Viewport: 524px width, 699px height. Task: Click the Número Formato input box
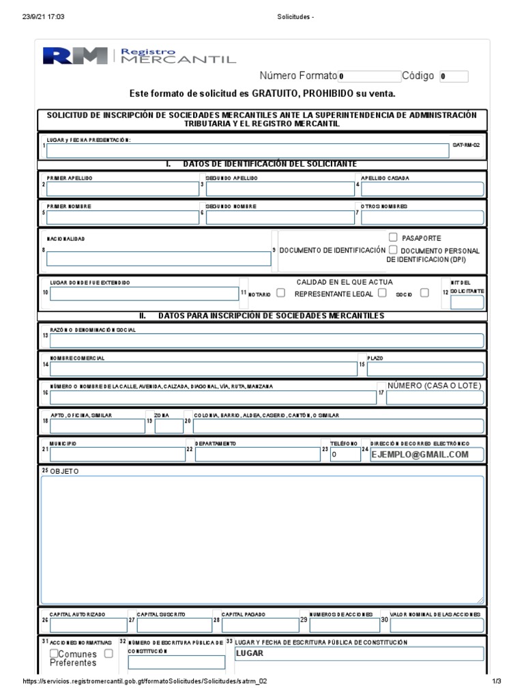tap(369, 76)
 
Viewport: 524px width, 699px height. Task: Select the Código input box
tap(454, 76)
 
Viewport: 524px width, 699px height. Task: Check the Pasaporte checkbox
tap(393, 238)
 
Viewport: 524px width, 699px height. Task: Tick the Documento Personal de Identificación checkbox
tap(393, 251)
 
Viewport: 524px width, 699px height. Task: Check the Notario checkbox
tap(281, 294)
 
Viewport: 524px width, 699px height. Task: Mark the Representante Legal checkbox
tap(382, 293)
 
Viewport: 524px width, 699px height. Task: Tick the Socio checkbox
tap(424, 293)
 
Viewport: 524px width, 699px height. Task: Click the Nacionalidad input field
tap(158, 258)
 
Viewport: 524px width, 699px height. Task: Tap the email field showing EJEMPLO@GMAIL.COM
tap(426, 455)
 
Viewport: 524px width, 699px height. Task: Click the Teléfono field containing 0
tap(345, 455)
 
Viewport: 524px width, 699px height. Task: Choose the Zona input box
tap(169, 427)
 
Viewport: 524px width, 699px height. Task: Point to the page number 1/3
tap(496, 682)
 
